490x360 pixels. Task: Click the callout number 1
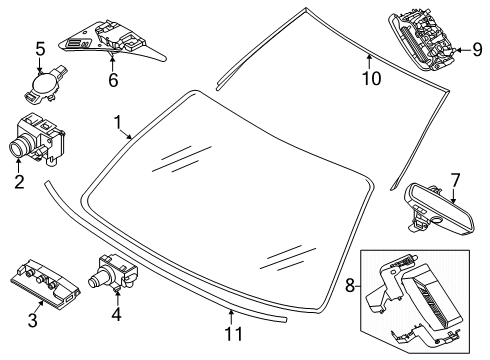[117, 123]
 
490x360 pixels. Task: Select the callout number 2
[19, 182]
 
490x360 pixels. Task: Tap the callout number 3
[32, 320]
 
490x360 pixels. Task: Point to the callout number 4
[116, 314]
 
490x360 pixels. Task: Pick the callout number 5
[40, 49]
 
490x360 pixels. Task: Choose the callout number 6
[113, 80]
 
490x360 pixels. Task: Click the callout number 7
[455, 180]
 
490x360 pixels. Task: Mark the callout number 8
[350, 286]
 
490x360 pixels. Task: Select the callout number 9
[477, 50]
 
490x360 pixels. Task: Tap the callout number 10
[371, 79]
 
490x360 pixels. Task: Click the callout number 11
[234, 333]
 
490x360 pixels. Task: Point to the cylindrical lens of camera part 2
[18, 147]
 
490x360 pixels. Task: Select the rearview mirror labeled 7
[439, 210]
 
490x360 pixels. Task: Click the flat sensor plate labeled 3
[45, 283]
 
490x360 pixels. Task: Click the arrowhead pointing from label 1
[130, 137]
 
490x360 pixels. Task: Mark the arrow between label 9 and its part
[462, 50]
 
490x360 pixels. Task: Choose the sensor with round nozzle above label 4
[113, 272]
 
